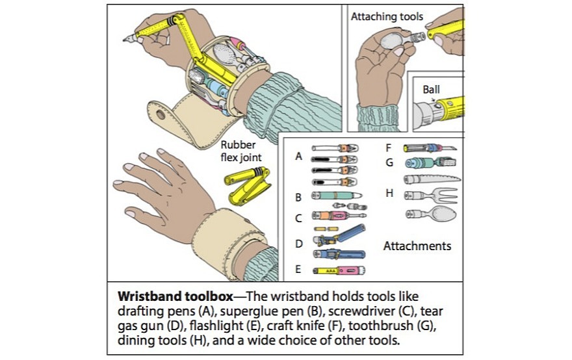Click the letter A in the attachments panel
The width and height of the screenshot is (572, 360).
coord(298,157)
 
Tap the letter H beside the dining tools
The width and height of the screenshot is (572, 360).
coord(389,194)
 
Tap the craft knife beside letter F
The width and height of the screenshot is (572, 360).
coord(430,148)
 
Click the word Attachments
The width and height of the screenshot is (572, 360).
coord(417,246)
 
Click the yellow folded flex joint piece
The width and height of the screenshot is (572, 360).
coord(248,184)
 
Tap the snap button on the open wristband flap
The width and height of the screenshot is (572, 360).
coord(160,115)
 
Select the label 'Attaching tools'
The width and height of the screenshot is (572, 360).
coord(387,17)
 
